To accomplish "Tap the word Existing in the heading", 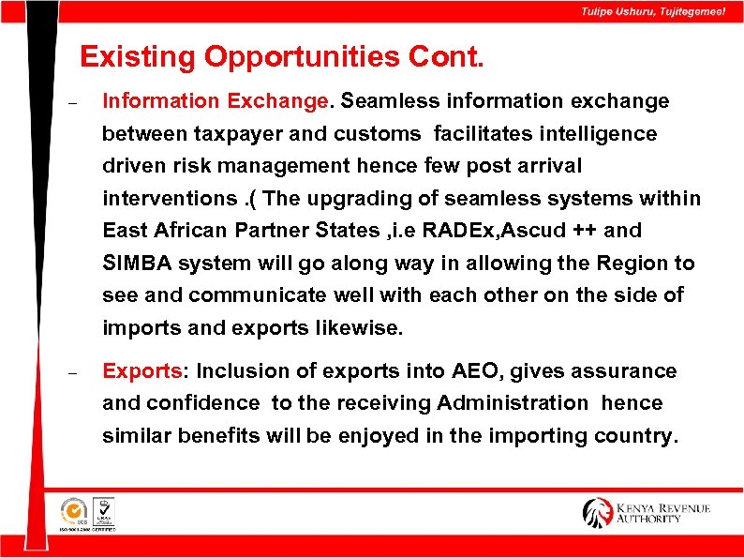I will (x=139, y=57).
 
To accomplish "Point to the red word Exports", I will (x=141, y=371).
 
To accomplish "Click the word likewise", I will (x=360, y=328).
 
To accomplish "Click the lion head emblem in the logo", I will (x=598, y=512).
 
